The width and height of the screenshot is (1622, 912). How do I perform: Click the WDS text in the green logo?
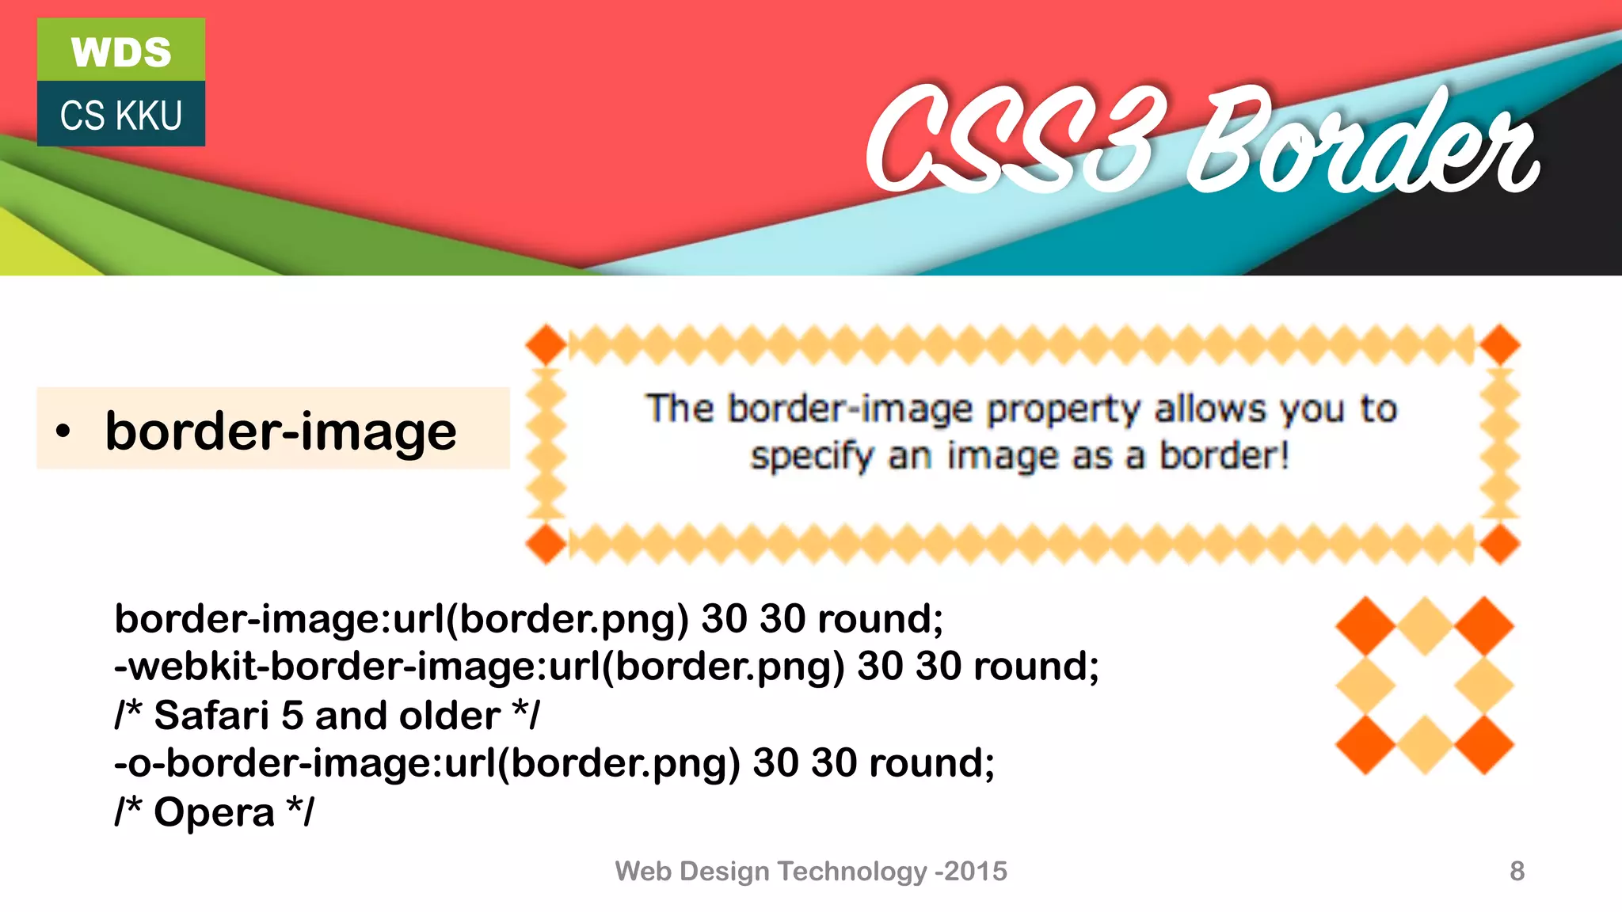coord(121,52)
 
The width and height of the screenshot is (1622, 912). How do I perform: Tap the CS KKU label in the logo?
coord(121,116)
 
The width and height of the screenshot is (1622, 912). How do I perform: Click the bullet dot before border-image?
coord(63,431)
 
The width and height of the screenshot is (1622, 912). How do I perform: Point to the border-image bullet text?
coord(280,431)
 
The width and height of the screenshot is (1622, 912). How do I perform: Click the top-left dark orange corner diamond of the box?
coord(546,345)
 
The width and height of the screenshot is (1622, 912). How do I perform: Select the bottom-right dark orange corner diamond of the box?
coord(1499,544)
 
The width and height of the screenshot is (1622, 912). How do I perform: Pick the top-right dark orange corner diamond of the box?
coord(1499,345)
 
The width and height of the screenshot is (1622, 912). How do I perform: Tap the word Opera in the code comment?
coord(214,812)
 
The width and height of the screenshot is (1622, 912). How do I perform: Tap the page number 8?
coord(1517,871)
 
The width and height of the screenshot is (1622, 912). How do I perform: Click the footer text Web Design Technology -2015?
coord(811,871)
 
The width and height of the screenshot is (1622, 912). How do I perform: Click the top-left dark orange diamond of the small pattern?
coord(1365,625)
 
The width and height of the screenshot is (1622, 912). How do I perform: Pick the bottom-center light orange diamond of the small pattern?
coord(1425,744)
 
